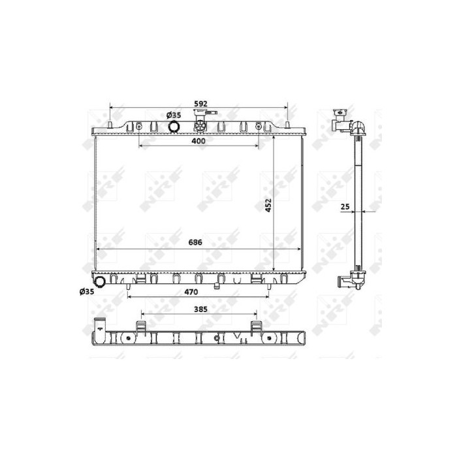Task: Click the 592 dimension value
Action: [x=200, y=104]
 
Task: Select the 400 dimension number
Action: [x=198, y=141]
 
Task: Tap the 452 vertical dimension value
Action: [x=268, y=205]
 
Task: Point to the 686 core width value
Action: [x=195, y=242]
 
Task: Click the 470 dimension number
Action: [x=191, y=292]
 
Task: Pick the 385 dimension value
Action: [x=200, y=309]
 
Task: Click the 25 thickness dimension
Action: [x=345, y=207]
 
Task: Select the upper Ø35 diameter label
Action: [x=174, y=115]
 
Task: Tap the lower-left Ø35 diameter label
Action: [x=87, y=291]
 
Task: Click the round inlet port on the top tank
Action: [x=174, y=126]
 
